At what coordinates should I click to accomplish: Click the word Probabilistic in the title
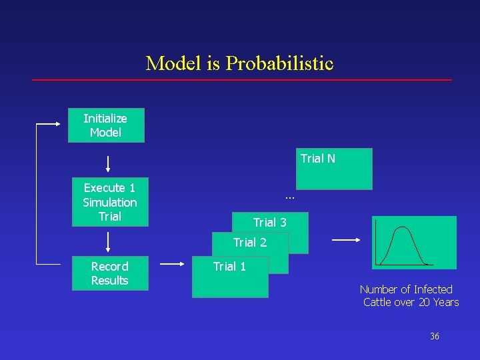click(x=279, y=64)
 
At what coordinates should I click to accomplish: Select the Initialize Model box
click(x=105, y=125)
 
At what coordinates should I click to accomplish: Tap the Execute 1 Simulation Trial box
click(x=110, y=202)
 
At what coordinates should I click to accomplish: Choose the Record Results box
click(x=109, y=273)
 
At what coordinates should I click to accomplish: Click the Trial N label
click(x=318, y=159)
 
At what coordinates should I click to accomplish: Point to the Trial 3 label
click(x=269, y=222)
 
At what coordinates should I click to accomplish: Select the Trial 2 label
click(x=250, y=243)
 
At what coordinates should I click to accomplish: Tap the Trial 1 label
click(x=229, y=267)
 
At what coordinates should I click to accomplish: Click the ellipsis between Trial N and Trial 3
click(x=289, y=197)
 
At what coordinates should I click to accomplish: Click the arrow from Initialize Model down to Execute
click(x=108, y=164)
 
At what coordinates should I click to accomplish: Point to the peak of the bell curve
click(x=402, y=228)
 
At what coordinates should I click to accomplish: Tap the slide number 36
click(x=435, y=337)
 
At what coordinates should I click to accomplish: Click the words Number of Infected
click(x=406, y=289)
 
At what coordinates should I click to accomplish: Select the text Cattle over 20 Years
click(x=411, y=303)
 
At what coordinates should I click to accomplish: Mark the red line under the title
click(x=242, y=81)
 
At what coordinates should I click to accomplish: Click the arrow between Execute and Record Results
click(x=108, y=241)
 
